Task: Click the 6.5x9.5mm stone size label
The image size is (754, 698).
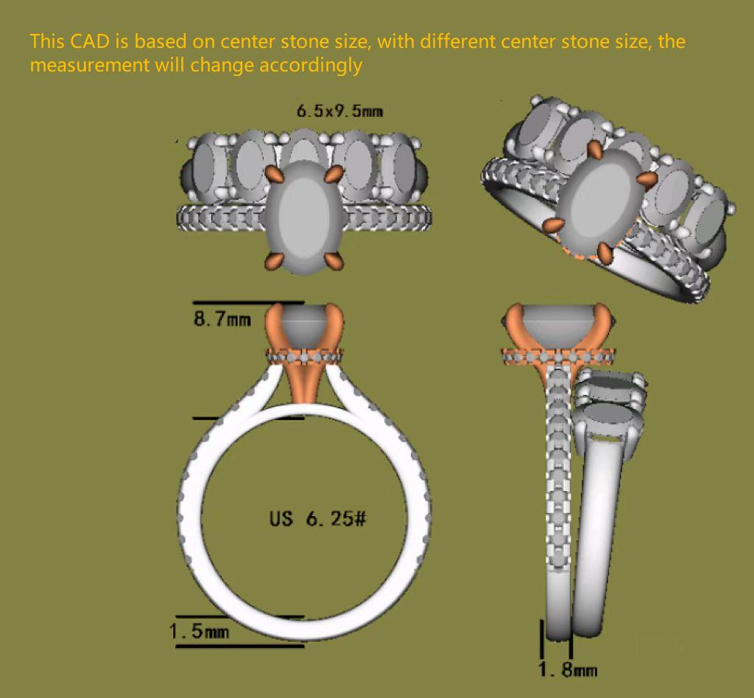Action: click(339, 112)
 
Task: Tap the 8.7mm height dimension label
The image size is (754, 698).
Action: click(222, 318)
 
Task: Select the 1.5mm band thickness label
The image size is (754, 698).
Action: click(199, 631)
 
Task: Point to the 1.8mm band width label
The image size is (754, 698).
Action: click(568, 670)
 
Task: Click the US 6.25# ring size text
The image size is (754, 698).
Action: click(318, 518)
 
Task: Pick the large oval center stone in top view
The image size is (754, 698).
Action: click(303, 217)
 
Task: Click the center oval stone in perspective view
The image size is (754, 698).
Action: click(602, 200)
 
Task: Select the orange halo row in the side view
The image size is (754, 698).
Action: click(558, 357)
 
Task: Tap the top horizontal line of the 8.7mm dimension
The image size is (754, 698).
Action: click(248, 302)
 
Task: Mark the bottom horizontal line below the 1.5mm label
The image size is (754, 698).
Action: click(239, 646)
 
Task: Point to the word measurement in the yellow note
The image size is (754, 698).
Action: click(89, 65)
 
